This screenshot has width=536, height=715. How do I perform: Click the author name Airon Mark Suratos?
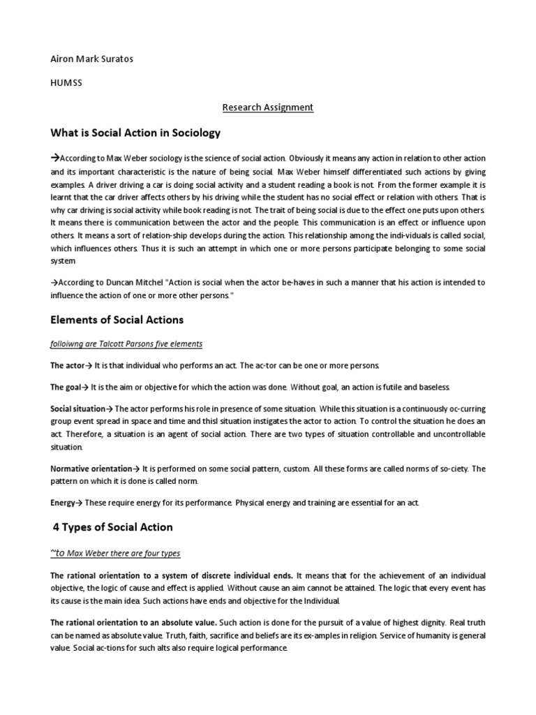pyautogui.click(x=91, y=59)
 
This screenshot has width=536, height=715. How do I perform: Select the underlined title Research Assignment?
pyautogui.click(x=268, y=107)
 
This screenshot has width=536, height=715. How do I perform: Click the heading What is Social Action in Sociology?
pyautogui.click(x=135, y=133)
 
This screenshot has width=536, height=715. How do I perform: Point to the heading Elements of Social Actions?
pyautogui.click(x=117, y=320)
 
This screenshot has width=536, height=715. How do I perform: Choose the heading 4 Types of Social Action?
pyautogui.click(x=113, y=526)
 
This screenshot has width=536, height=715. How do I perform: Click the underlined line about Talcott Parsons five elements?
pyautogui.click(x=126, y=344)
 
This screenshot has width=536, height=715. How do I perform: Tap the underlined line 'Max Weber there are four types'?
pyautogui.click(x=115, y=553)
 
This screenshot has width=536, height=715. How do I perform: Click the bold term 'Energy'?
pyautogui.click(x=63, y=503)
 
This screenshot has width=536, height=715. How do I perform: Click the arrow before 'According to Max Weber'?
pyautogui.click(x=55, y=158)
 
